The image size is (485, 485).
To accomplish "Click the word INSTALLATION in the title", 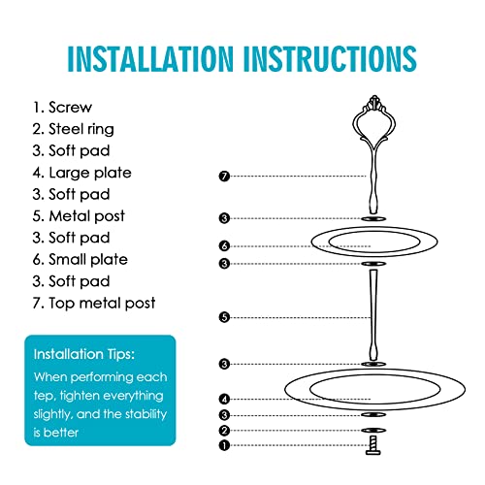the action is click(x=150, y=58).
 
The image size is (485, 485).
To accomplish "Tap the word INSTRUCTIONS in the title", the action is click(x=330, y=58).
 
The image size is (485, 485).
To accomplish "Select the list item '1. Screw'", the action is click(x=62, y=108).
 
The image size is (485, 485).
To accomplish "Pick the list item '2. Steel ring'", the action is click(x=74, y=129).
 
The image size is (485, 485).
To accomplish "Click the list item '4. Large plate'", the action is click(x=82, y=173).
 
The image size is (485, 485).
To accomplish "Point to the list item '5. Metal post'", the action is click(x=79, y=216).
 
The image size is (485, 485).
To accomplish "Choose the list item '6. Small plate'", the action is click(x=81, y=260).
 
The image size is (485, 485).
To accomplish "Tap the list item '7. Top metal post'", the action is click(x=94, y=304).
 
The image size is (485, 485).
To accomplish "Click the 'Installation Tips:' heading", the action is click(x=84, y=354).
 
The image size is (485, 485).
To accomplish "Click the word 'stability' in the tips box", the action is click(x=145, y=414).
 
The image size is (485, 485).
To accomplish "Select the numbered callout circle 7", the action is click(x=224, y=177).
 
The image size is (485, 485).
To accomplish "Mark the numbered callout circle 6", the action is click(x=224, y=246).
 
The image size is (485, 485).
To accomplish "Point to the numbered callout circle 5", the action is click(x=224, y=317).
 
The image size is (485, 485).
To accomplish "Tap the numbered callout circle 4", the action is click(x=224, y=399).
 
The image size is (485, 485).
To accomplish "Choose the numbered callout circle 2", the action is click(x=224, y=431).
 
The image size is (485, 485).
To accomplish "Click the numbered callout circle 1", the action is click(x=224, y=445).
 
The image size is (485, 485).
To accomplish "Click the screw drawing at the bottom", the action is click(x=373, y=445).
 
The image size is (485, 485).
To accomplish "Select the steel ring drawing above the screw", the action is click(x=373, y=431).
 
